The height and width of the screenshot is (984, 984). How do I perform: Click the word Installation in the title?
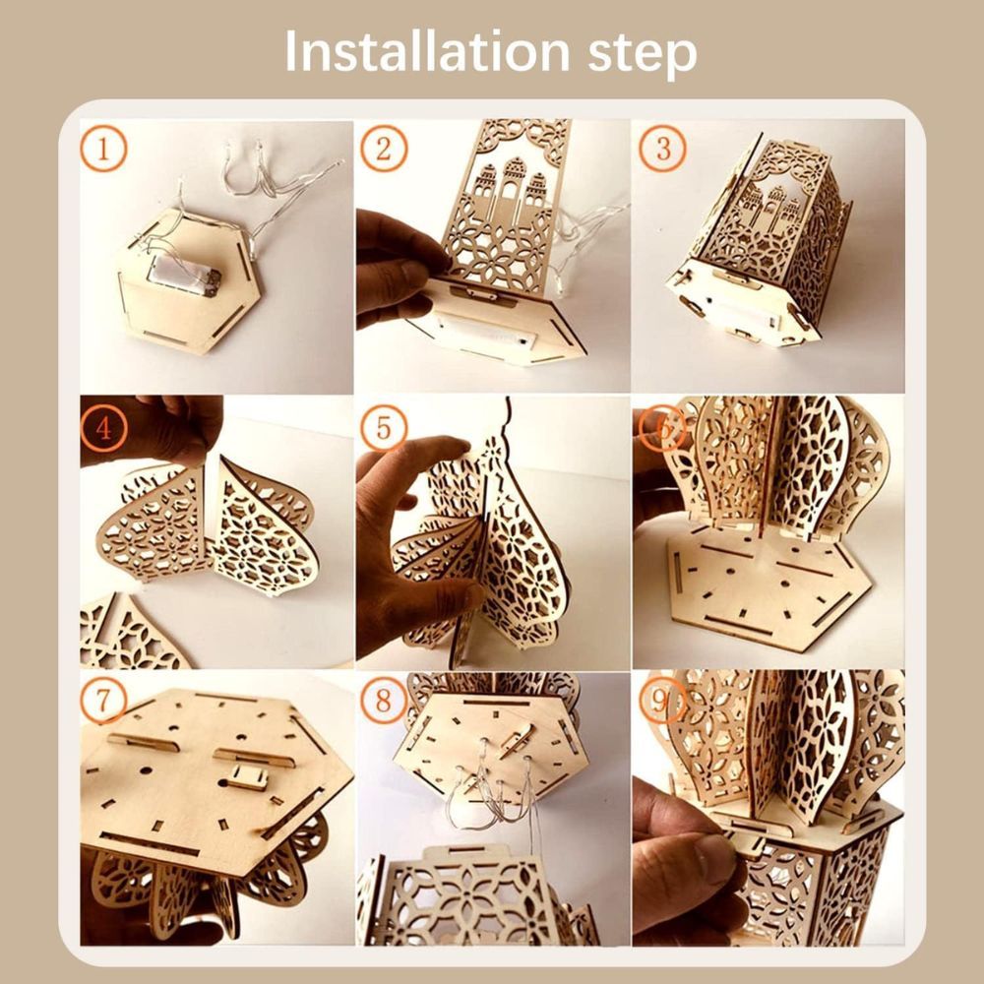coord(427,51)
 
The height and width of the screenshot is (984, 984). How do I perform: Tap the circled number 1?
coord(103,150)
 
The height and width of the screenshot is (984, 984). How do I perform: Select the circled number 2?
coord(384,150)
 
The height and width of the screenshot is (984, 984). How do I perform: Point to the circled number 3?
coord(662,150)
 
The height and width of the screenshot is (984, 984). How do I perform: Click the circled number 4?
coord(103,429)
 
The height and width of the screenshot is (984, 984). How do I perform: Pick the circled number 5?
coord(384,429)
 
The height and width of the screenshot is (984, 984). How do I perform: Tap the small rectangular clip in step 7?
coord(247,777)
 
